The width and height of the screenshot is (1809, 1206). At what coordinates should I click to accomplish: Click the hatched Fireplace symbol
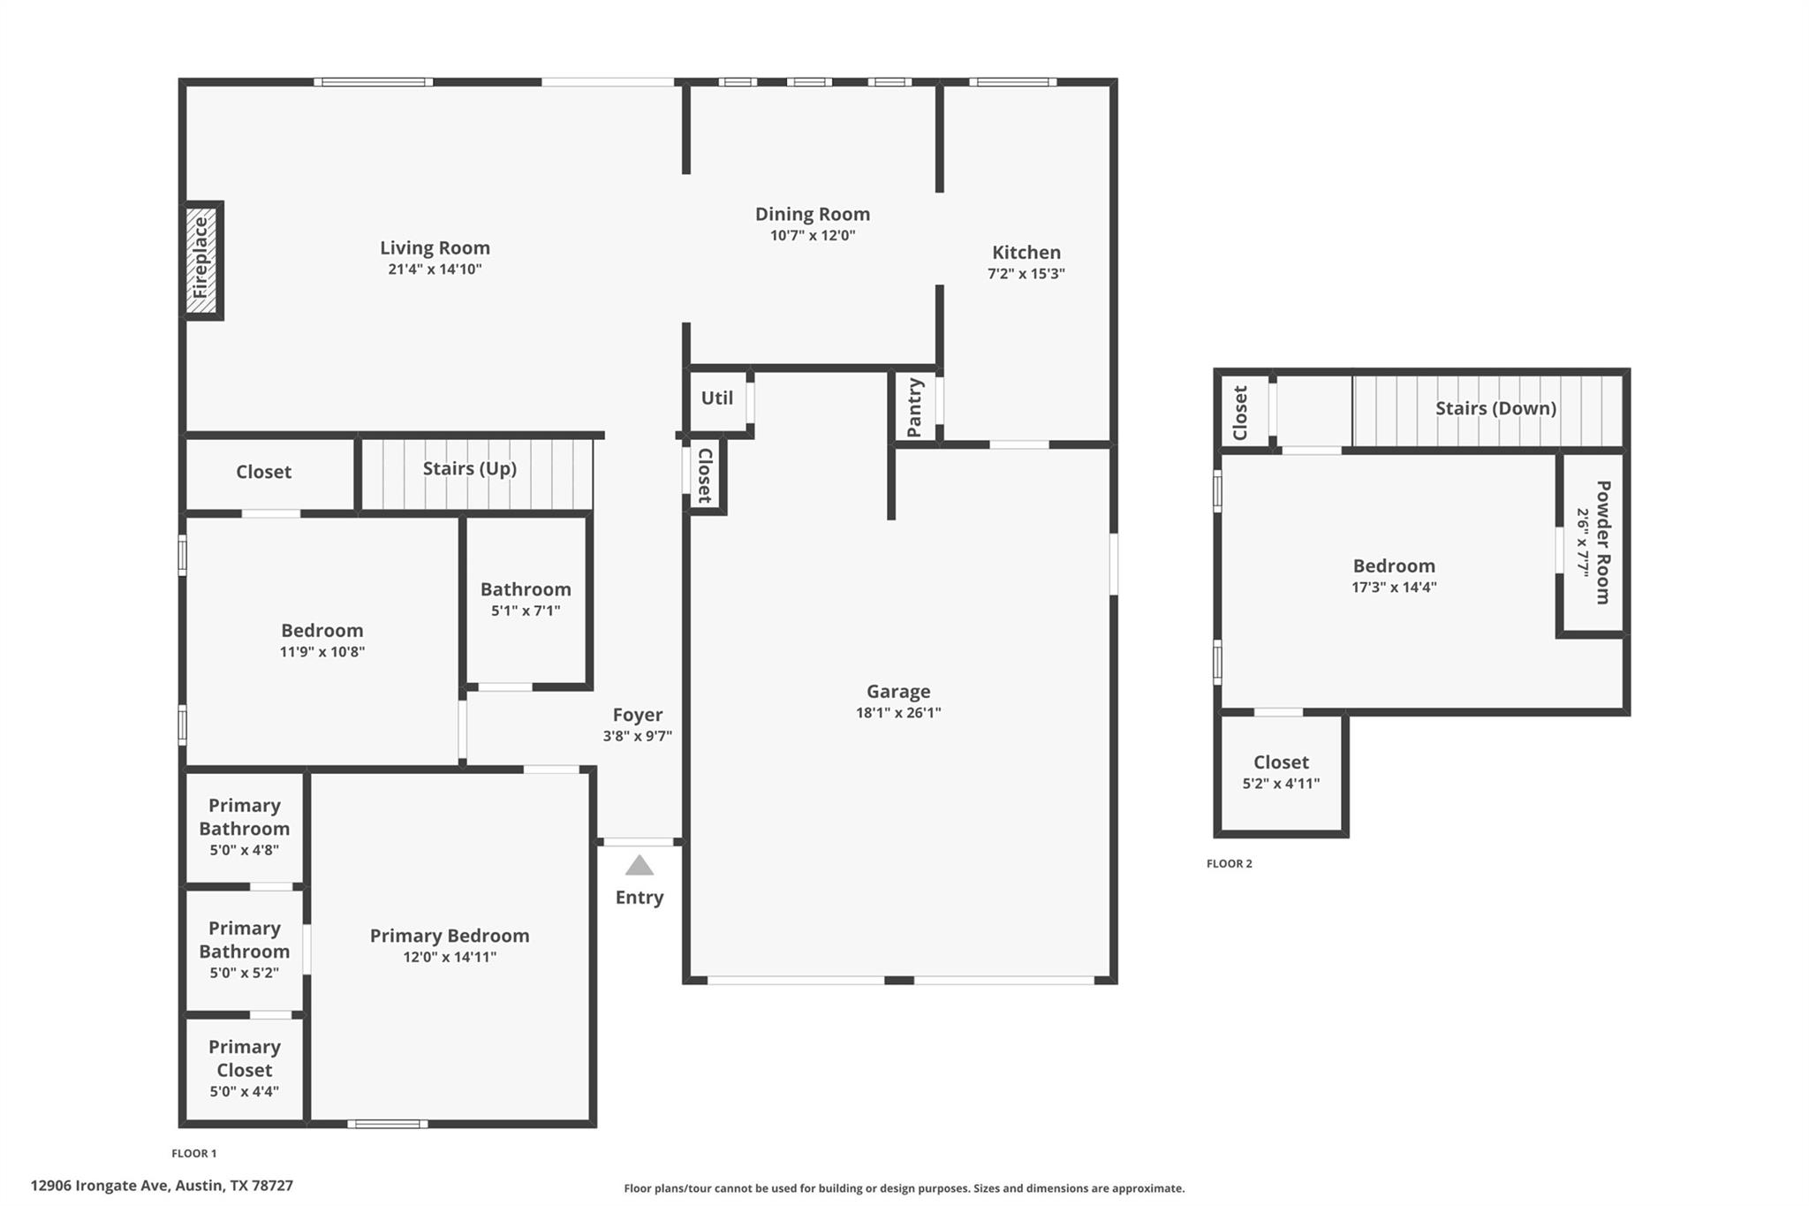(201, 261)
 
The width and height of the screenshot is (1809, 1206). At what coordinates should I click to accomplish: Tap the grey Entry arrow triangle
(639, 866)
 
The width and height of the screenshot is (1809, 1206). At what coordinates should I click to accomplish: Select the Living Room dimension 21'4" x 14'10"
(435, 269)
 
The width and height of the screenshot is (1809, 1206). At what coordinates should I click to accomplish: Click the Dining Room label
(812, 214)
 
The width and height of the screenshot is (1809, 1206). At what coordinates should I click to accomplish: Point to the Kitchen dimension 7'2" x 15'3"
(1026, 274)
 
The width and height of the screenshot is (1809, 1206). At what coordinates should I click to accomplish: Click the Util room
(716, 398)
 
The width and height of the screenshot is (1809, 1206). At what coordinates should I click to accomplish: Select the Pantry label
(914, 407)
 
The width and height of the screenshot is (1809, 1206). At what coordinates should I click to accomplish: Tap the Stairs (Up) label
(469, 468)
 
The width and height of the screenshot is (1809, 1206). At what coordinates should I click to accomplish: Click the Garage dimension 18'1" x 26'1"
(897, 713)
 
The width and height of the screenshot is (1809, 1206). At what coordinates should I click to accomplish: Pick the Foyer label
(637, 715)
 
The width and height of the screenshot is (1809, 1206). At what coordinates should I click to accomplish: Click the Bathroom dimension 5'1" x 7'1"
(526, 611)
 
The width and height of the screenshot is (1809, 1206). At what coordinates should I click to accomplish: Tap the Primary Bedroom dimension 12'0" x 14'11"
(450, 957)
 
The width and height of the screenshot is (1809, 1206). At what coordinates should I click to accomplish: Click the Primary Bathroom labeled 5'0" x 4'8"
(244, 827)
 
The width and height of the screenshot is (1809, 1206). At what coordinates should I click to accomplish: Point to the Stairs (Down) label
(1495, 408)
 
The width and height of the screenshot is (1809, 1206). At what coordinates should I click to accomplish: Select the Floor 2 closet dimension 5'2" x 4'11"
(1281, 784)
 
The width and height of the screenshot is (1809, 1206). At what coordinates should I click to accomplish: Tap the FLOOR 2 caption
(1229, 864)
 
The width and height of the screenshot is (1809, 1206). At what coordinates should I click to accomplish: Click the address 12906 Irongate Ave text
(162, 1186)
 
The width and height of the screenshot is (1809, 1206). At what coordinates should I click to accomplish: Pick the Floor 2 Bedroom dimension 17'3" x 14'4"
(1394, 588)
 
